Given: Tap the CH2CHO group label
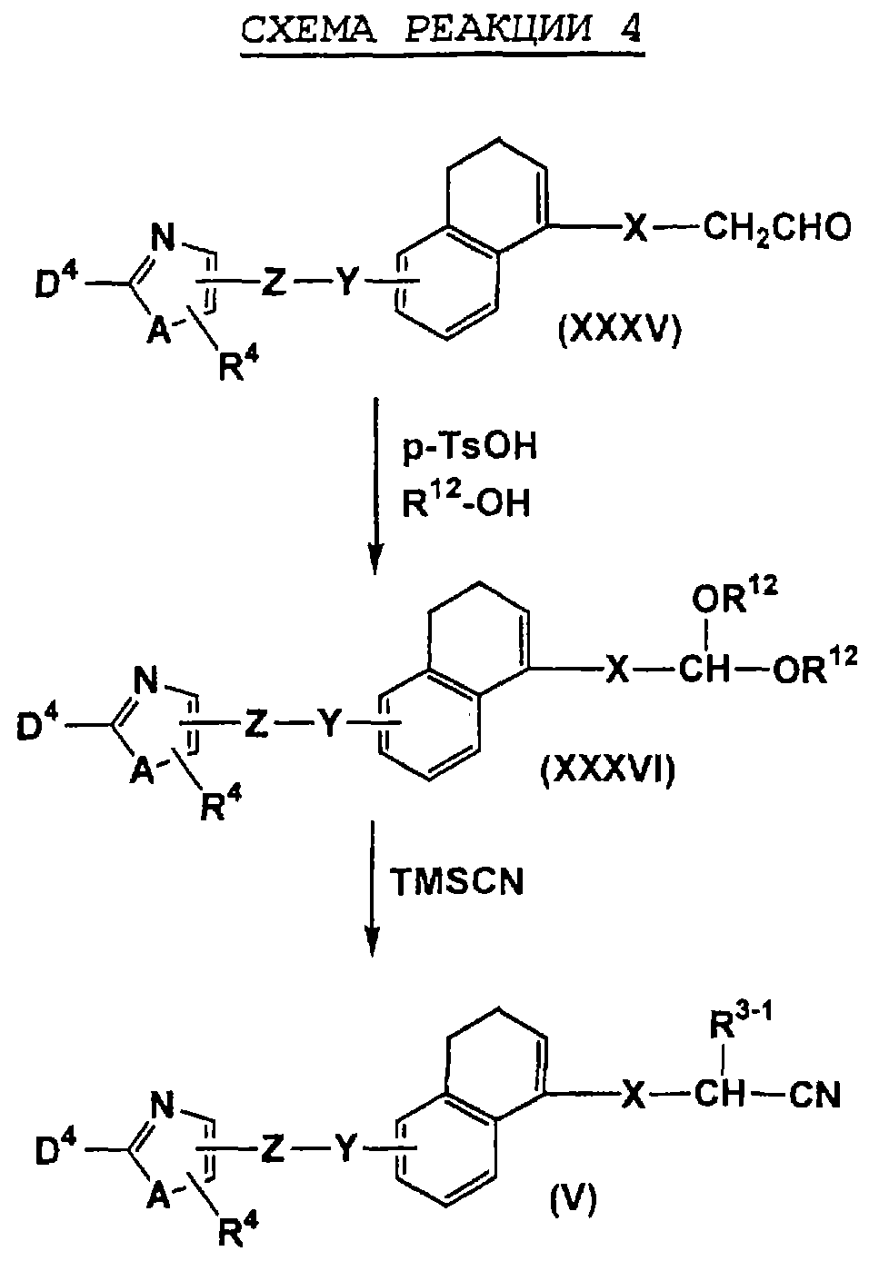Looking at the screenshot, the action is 776,228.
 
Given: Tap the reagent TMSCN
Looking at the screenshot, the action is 456,881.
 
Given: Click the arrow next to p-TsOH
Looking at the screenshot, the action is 375,486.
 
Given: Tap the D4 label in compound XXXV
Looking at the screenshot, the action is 55,281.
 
